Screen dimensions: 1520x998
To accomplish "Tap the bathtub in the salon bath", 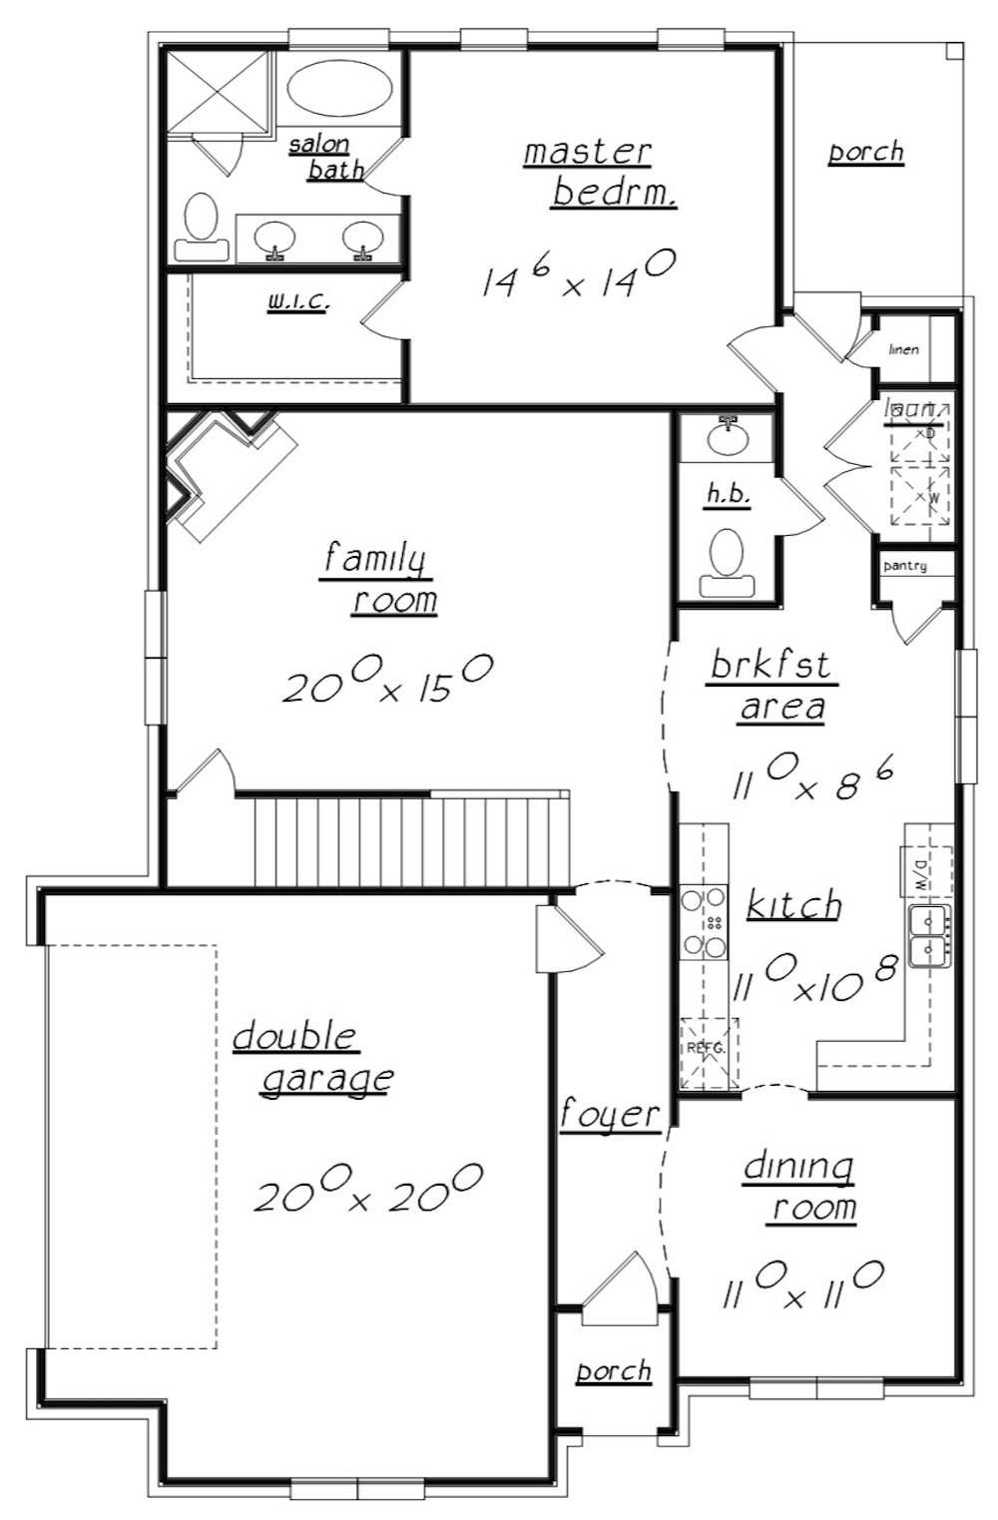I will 339,88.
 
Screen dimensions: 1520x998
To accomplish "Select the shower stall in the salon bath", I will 217,92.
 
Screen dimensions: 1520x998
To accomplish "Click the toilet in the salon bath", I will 202,228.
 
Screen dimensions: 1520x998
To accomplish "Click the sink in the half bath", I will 728,434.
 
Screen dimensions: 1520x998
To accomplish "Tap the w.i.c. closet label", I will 296,300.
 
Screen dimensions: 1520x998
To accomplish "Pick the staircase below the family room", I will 409,839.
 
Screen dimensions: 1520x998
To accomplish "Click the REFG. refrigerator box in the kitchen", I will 708,1052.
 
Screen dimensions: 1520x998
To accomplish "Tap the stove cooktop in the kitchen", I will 704,923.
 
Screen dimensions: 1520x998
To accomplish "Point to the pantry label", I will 905,566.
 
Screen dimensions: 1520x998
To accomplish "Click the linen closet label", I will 903,349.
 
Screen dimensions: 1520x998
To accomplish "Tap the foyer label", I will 610,1114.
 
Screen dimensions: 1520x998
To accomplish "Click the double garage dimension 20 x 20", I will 368,1189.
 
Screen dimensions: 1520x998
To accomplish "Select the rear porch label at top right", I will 865,153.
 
